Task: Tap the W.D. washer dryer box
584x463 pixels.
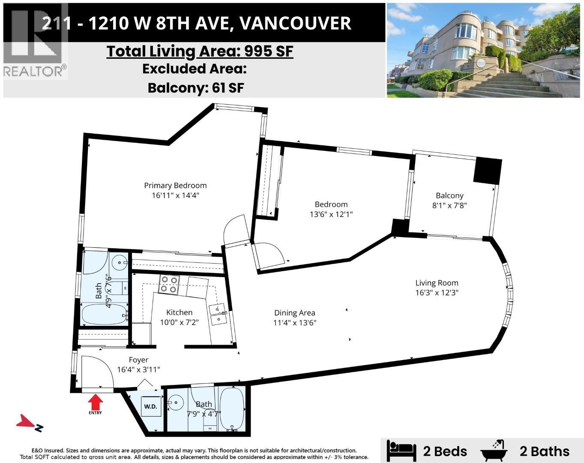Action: [x=150, y=406]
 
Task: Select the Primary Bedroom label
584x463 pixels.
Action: [x=175, y=185]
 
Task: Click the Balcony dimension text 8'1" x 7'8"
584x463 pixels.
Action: [x=449, y=205]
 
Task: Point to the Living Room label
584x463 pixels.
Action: [x=437, y=283]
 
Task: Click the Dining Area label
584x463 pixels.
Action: [x=294, y=313]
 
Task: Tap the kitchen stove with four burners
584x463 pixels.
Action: [x=168, y=284]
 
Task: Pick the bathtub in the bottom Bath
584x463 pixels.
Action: [x=232, y=409]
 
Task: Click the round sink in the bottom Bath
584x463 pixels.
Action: [x=175, y=403]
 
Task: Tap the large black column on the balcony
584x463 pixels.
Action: [x=487, y=171]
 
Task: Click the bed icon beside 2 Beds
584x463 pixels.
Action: [x=401, y=451]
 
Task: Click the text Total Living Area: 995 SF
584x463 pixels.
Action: [x=200, y=51]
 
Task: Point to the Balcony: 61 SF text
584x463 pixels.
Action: [x=196, y=88]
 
